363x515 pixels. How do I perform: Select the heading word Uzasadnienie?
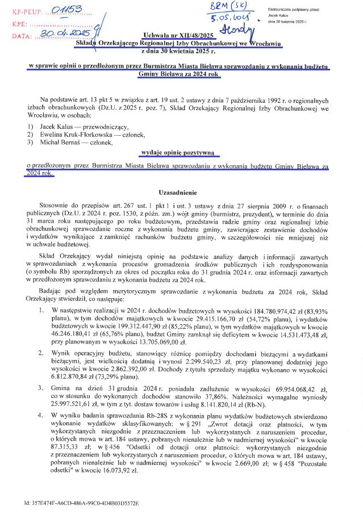pos(181,193)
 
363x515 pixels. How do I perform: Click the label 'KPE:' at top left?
pos(19,24)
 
